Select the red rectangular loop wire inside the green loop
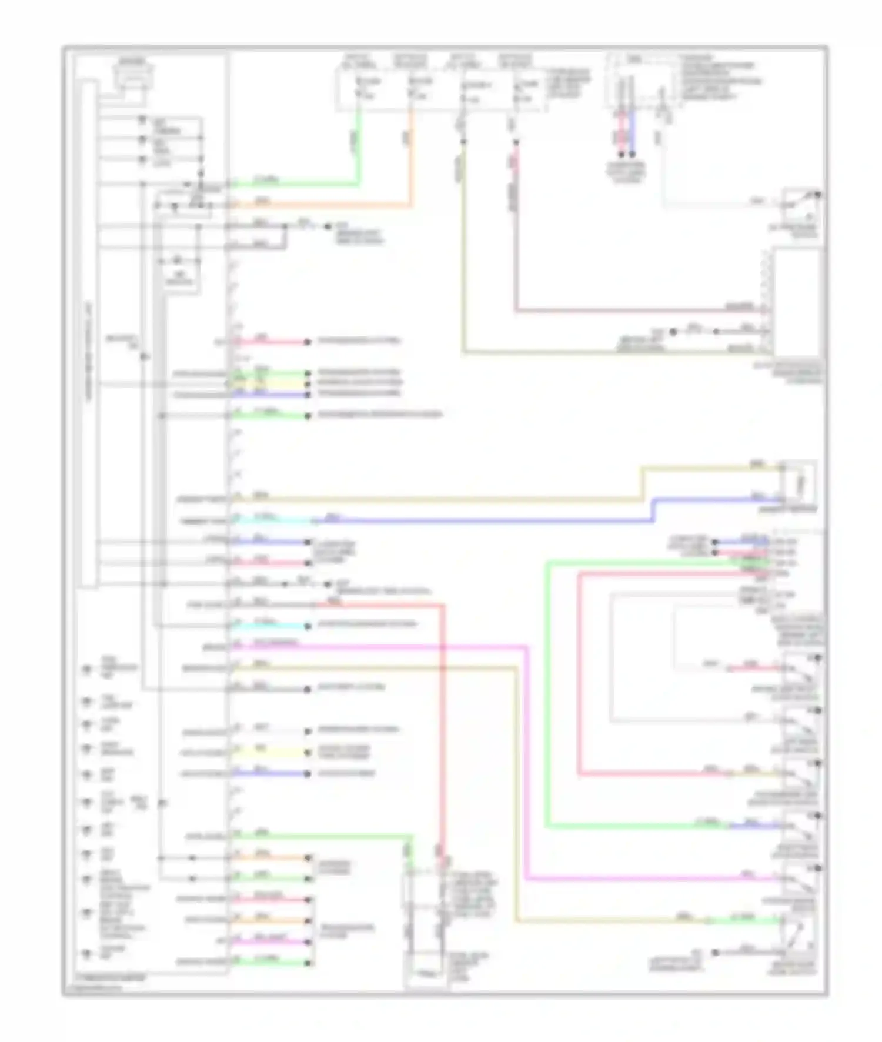point(579,676)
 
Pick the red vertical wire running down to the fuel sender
point(443,735)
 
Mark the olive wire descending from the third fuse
point(463,247)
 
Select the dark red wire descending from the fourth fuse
point(516,235)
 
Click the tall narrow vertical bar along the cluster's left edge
point(89,335)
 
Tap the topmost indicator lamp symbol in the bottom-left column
point(87,669)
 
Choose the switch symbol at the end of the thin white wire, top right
point(802,203)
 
